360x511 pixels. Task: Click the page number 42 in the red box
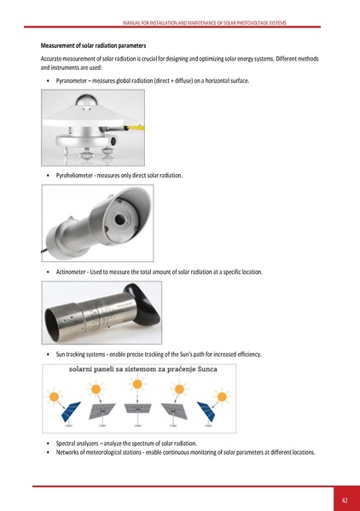[x=344, y=499]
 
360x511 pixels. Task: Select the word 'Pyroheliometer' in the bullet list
[x=77, y=175]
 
